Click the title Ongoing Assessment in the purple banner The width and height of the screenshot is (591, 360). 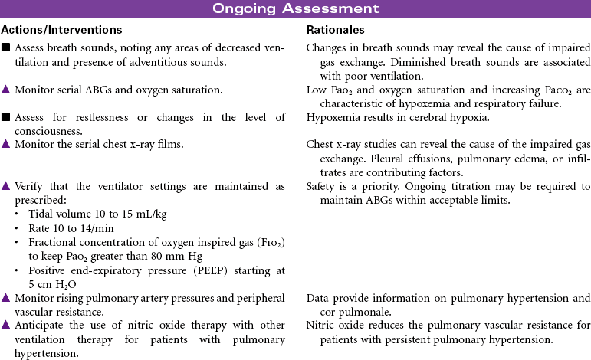click(295, 9)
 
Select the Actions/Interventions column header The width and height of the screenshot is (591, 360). click(61, 30)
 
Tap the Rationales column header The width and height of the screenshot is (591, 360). click(335, 30)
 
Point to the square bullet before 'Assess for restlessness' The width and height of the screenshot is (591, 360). click(5, 117)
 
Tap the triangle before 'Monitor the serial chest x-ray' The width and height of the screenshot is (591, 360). click(5, 144)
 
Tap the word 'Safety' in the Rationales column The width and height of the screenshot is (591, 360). click(321, 186)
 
